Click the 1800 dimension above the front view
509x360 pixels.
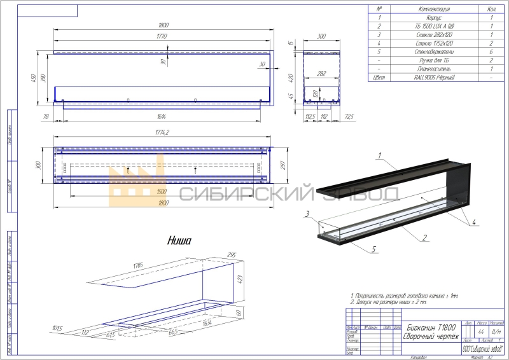[x=164, y=25]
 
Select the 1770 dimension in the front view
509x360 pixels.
[x=161, y=37]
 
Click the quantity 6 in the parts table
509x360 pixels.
[x=492, y=51]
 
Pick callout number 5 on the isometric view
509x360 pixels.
[x=372, y=249]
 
